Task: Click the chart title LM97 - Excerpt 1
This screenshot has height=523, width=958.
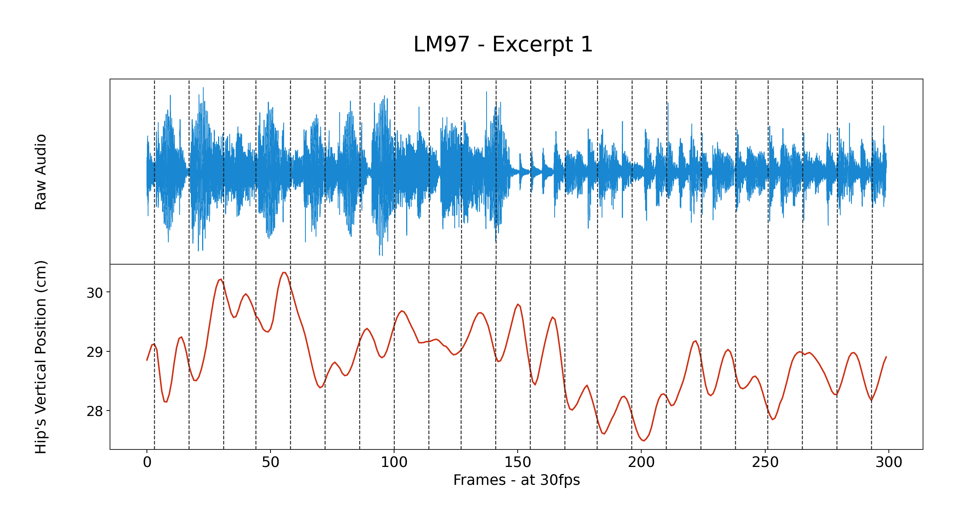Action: tap(503, 44)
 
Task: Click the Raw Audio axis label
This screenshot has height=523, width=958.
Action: tap(41, 172)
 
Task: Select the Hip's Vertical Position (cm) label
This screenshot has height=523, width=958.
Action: tap(41, 357)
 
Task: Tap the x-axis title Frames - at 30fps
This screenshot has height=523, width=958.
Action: tap(517, 480)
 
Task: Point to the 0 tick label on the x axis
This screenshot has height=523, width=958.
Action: tap(147, 462)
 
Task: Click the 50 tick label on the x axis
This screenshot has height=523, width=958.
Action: tap(270, 462)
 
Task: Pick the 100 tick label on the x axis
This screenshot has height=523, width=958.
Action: tap(394, 462)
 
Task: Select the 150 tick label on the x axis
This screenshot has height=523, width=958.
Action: tap(518, 462)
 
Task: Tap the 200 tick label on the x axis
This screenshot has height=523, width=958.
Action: tap(641, 462)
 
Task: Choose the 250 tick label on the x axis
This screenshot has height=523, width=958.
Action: tap(765, 462)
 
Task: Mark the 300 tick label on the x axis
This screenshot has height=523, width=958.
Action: tap(889, 462)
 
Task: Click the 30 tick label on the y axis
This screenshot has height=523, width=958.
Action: tap(95, 293)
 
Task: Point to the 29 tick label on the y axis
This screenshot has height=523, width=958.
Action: tap(95, 352)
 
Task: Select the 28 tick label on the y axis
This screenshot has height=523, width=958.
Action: tap(95, 411)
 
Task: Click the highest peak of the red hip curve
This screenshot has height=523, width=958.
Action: tap(284, 272)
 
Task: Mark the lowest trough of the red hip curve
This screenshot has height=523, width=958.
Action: tap(644, 441)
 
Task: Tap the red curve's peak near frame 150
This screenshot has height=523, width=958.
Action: tap(518, 304)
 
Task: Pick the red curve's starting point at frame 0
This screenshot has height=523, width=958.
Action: tap(147, 360)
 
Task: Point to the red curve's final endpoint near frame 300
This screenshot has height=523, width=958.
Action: tap(886, 356)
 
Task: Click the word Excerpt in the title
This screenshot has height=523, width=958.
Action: tap(533, 44)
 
